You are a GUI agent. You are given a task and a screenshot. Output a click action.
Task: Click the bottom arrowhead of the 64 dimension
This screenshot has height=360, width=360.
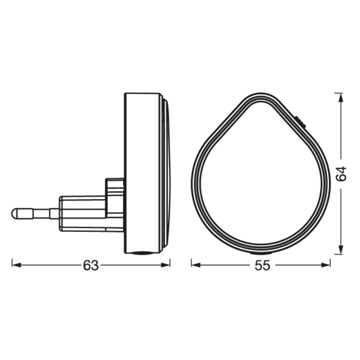tap(340, 252)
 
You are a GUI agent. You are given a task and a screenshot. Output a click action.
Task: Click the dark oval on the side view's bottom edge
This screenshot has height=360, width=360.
tap(142, 252)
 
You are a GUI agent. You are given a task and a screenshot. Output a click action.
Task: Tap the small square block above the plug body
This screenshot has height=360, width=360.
tap(115, 186)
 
